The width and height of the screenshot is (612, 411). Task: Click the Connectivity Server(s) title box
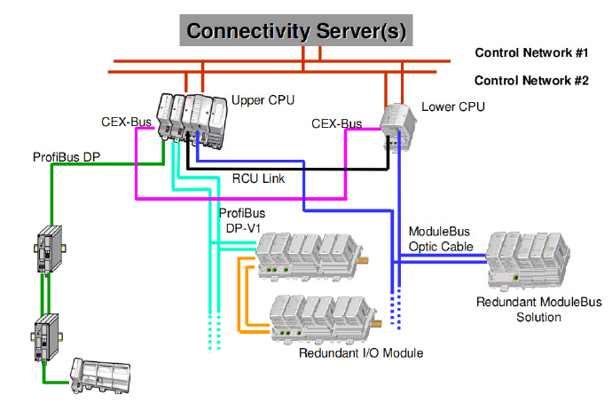pos(296,31)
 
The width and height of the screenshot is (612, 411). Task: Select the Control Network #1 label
pos(531,52)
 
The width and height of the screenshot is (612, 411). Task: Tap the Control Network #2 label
pos(531,80)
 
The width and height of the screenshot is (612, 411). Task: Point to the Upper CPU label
pos(263,99)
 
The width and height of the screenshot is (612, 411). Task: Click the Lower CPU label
pos(453,107)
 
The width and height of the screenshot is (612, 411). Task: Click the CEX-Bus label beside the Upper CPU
pos(127,121)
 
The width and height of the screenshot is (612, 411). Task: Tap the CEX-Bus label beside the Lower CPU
pos(337,124)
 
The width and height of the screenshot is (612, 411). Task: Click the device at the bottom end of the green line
pos(101,375)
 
